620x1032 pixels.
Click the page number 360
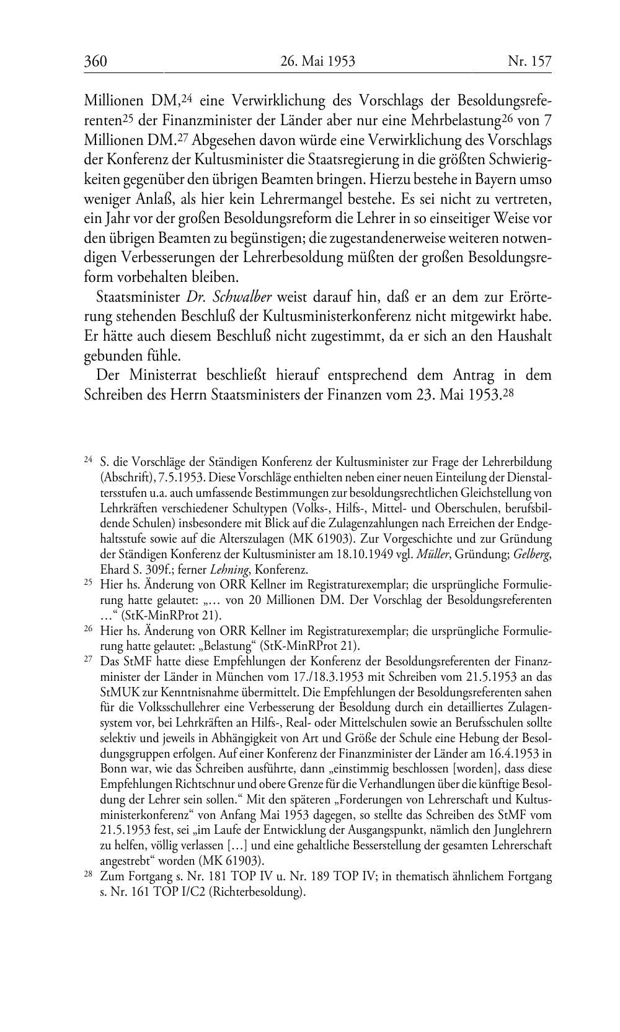95,61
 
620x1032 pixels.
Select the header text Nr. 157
529,61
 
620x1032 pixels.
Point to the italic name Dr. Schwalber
229,297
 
